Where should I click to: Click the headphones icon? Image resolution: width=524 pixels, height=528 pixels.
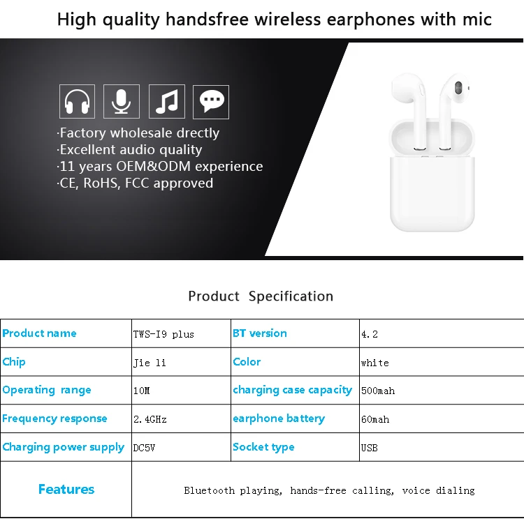[x=78, y=101]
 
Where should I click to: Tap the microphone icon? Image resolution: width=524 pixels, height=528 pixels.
[x=122, y=101]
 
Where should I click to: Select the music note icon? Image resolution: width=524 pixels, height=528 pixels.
[x=167, y=101]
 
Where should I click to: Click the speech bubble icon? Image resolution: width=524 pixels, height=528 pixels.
[x=211, y=102]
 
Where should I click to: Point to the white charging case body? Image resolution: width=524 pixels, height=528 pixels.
[x=432, y=192]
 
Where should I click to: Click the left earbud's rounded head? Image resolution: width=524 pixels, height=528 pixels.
[x=407, y=88]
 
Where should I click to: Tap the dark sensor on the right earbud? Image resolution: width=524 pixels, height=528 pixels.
[x=458, y=87]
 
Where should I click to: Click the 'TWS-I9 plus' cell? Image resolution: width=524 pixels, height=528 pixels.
[x=163, y=334]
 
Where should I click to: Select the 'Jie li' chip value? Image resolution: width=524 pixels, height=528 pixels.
[x=150, y=363]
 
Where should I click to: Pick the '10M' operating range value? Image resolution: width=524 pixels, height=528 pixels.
[x=142, y=391]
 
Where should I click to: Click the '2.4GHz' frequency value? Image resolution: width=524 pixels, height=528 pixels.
[x=150, y=419]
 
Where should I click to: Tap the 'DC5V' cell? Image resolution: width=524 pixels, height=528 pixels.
[x=144, y=448]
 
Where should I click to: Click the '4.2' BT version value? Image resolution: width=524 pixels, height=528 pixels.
[x=370, y=334]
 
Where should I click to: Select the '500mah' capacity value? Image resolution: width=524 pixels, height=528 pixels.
[x=378, y=391]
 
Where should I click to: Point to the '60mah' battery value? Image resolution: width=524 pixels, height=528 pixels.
[x=375, y=419]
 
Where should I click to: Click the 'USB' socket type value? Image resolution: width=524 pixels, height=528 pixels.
[x=370, y=448]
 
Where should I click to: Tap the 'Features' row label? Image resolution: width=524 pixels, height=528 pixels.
[x=66, y=489]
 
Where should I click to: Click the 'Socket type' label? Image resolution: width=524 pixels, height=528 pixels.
[x=263, y=447]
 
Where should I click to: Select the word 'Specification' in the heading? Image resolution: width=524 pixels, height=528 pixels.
[x=291, y=296]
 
